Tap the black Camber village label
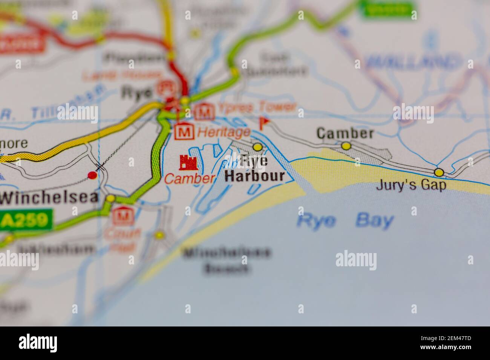click(345, 133)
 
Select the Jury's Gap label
click(411, 185)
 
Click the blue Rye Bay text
click(345, 221)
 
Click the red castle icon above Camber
click(188, 163)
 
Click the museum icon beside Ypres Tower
click(204, 111)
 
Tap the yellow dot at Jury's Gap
click(439, 172)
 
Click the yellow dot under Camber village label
click(346, 145)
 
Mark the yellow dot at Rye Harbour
click(257, 146)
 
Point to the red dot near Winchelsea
click(92, 175)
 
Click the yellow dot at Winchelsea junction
click(110, 198)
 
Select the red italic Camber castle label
click(190, 178)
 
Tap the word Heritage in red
click(224, 132)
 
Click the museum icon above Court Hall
click(122, 216)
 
